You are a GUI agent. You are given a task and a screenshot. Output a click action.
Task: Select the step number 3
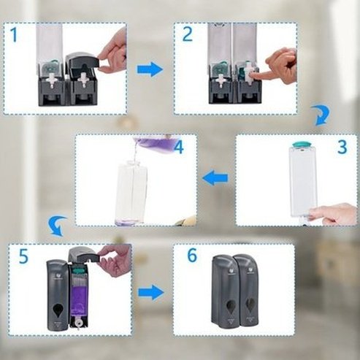point(341,146)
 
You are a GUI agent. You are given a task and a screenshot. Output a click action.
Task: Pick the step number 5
point(22,257)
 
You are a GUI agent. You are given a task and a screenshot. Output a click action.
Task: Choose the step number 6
point(192,256)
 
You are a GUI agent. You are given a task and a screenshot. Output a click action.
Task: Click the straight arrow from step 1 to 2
point(150,69)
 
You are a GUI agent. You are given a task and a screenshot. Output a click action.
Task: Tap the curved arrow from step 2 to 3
point(320,115)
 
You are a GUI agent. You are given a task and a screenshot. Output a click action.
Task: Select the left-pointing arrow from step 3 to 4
point(215,177)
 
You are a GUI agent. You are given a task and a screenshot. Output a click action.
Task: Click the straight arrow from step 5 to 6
point(150,292)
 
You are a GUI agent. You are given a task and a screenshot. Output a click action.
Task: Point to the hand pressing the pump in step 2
point(282,66)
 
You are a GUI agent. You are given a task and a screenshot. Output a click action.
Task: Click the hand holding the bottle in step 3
point(334,213)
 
